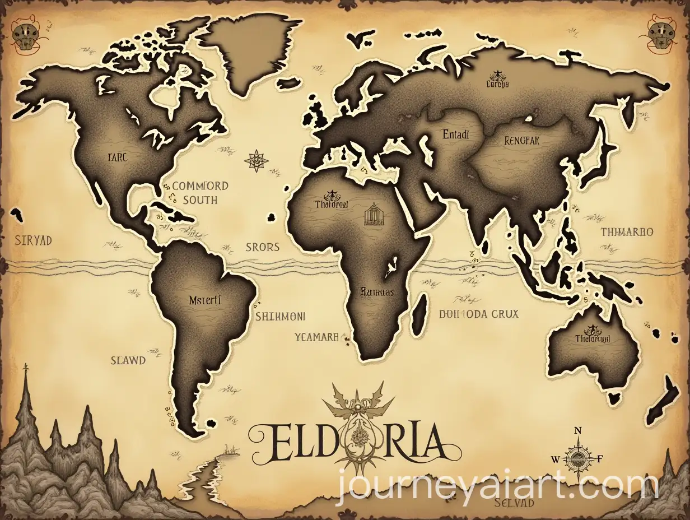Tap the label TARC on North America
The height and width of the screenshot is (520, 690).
[x=116, y=157]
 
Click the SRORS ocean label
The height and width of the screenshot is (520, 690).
[x=262, y=247]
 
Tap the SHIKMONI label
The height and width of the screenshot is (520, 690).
[x=280, y=316]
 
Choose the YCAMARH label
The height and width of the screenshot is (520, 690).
[x=316, y=337]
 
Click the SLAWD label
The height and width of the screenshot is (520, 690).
[x=128, y=360]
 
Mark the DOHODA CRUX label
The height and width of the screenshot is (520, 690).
[x=478, y=314]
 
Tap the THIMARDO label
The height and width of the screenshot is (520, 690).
[x=627, y=231]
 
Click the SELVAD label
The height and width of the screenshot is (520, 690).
[x=515, y=503]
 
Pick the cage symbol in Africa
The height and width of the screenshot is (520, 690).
[x=373, y=216]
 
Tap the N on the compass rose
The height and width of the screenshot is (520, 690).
[x=579, y=430]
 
